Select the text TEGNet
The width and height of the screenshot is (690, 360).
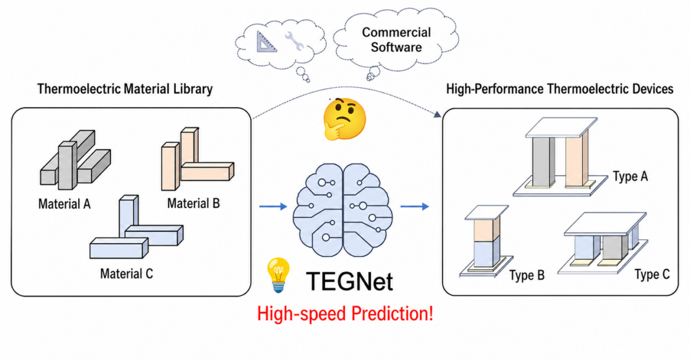(x=348, y=282)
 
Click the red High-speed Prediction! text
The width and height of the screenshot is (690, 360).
(x=345, y=314)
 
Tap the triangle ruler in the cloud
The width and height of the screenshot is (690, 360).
(x=266, y=43)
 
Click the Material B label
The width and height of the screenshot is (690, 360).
(x=193, y=204)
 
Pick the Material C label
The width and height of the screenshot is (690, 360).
(x=127, y=273)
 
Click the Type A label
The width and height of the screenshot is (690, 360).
(x=630, y=176)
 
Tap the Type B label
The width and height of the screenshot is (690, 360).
(x=527, y=275)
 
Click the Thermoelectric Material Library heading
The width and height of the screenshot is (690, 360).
(x=125, y=89)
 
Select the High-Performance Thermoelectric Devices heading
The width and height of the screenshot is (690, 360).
(x=559, y=89)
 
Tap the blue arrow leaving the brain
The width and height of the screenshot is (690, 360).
(x=415, y=206)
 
